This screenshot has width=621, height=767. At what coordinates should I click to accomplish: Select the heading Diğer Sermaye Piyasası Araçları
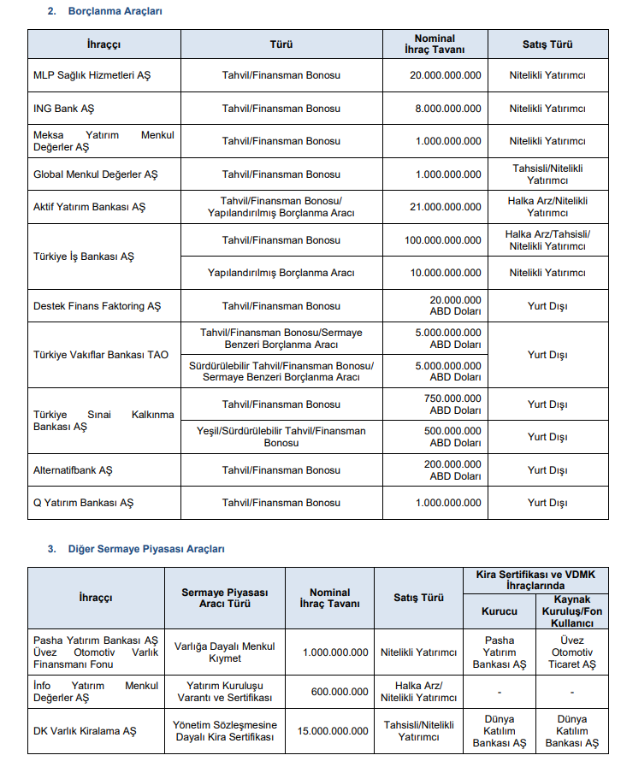(146, 548)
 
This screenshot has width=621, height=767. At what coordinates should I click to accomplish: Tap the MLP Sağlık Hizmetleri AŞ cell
(92, 75)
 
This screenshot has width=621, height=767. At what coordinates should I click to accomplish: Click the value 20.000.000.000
(445, 75)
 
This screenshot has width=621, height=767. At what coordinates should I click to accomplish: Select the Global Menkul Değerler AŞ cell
(95, 174)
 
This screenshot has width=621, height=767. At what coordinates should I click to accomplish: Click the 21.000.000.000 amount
(445, 207)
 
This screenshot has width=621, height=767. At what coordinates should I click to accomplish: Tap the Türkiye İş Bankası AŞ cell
(83, 257)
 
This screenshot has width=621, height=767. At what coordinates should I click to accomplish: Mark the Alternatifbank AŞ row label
(73, 470)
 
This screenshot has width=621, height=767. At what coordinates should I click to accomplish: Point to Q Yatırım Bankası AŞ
(83, 503)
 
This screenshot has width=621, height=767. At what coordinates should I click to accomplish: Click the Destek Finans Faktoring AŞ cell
(97, 306)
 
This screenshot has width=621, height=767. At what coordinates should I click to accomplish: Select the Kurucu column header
(500, 611)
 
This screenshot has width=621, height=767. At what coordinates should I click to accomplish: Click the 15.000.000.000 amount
(330, 731)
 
